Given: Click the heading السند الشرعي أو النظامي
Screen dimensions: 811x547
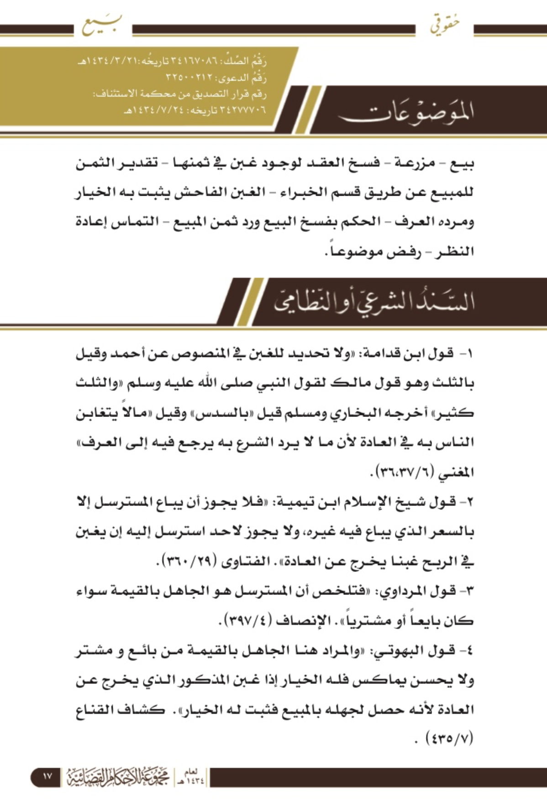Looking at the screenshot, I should (x=374, y=302).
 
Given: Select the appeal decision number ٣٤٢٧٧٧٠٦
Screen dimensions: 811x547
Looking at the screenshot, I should (x=242, y=110).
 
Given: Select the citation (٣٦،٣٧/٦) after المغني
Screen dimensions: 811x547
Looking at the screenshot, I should (x=401, y=472).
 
